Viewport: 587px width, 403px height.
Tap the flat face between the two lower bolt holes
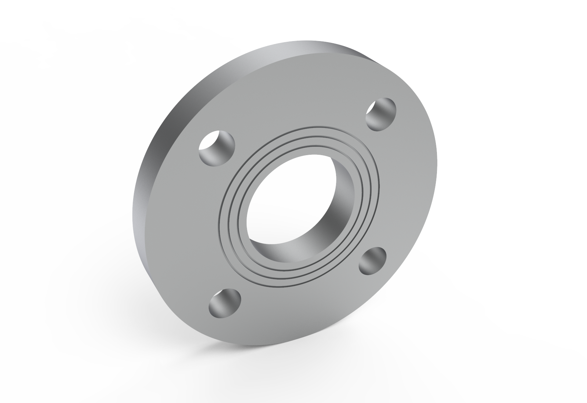(293, 308)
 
